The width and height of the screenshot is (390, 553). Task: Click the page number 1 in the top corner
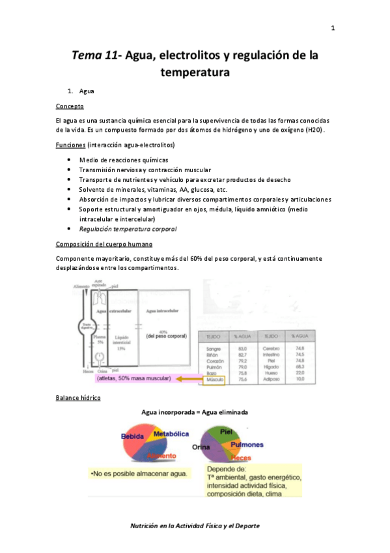coord(333,28)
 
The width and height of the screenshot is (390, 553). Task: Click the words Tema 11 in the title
coord(96,57)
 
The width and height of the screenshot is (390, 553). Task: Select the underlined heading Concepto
coord(70,106)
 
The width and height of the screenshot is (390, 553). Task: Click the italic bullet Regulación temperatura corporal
coord(128,230)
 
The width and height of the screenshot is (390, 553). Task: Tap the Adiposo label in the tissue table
coord(273,378)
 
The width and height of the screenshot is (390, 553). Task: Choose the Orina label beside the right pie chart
coord(201,447)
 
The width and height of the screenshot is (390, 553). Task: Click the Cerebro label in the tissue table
coord(273,349)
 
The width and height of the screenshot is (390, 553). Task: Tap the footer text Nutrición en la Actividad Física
coord(195,526)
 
